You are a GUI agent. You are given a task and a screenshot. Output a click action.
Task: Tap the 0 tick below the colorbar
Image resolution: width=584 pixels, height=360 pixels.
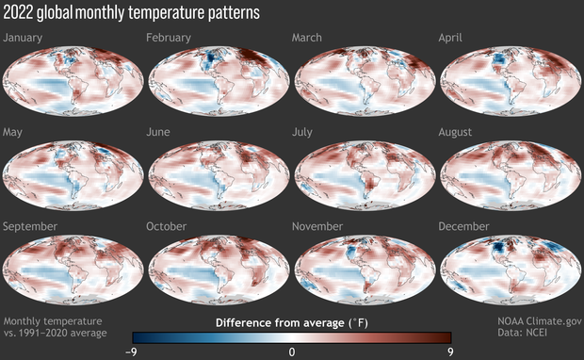[292, 351]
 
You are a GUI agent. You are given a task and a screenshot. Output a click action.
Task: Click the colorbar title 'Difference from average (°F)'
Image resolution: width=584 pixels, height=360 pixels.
[291, 322]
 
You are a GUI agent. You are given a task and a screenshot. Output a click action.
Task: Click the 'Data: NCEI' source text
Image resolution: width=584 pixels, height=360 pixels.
[548, 334]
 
